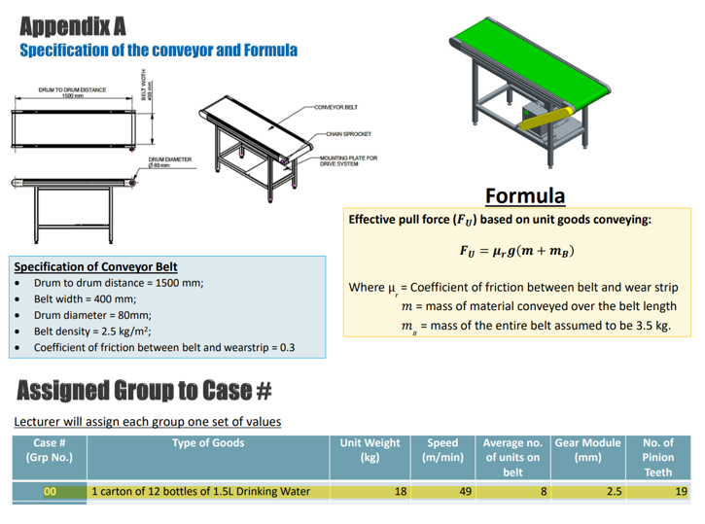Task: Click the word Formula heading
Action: (525, 195)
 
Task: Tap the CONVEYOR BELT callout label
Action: (335, 107)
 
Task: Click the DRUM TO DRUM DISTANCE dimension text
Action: (72, 91)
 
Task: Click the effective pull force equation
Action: (515, 252)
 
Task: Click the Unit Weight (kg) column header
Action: (369, 449)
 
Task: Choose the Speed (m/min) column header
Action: (442, 449)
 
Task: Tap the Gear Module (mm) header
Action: (587, 449)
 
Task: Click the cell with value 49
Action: (466, 492)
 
